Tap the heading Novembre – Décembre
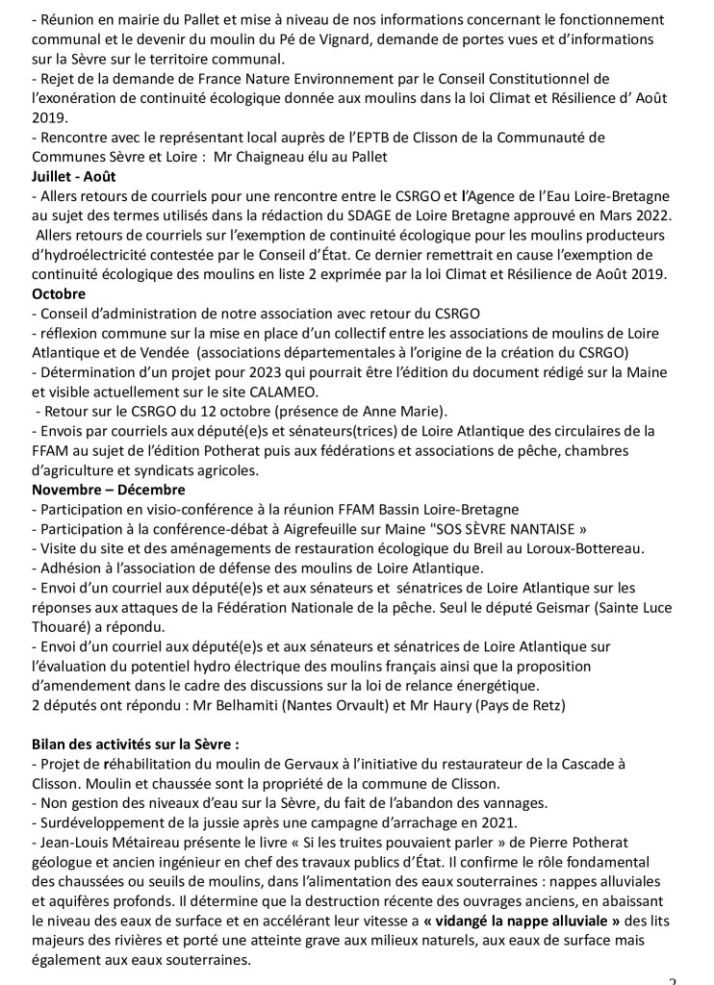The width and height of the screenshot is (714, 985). (x=95, y=491)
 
